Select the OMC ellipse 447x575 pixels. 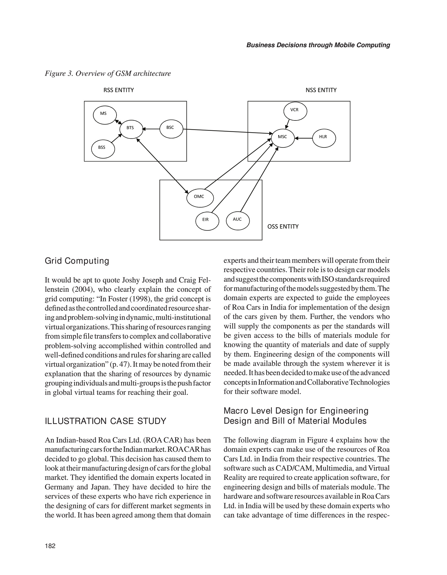click(200, 197)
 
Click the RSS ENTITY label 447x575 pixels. click(118, 90)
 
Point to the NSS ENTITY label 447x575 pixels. click(321, 90)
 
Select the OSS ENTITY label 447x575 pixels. click(283, 227)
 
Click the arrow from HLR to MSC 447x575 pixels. click(304, 138)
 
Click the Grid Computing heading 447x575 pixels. click(77, 261)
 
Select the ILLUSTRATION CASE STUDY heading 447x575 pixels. click(106, 421)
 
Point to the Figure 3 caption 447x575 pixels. click(108, 74)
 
